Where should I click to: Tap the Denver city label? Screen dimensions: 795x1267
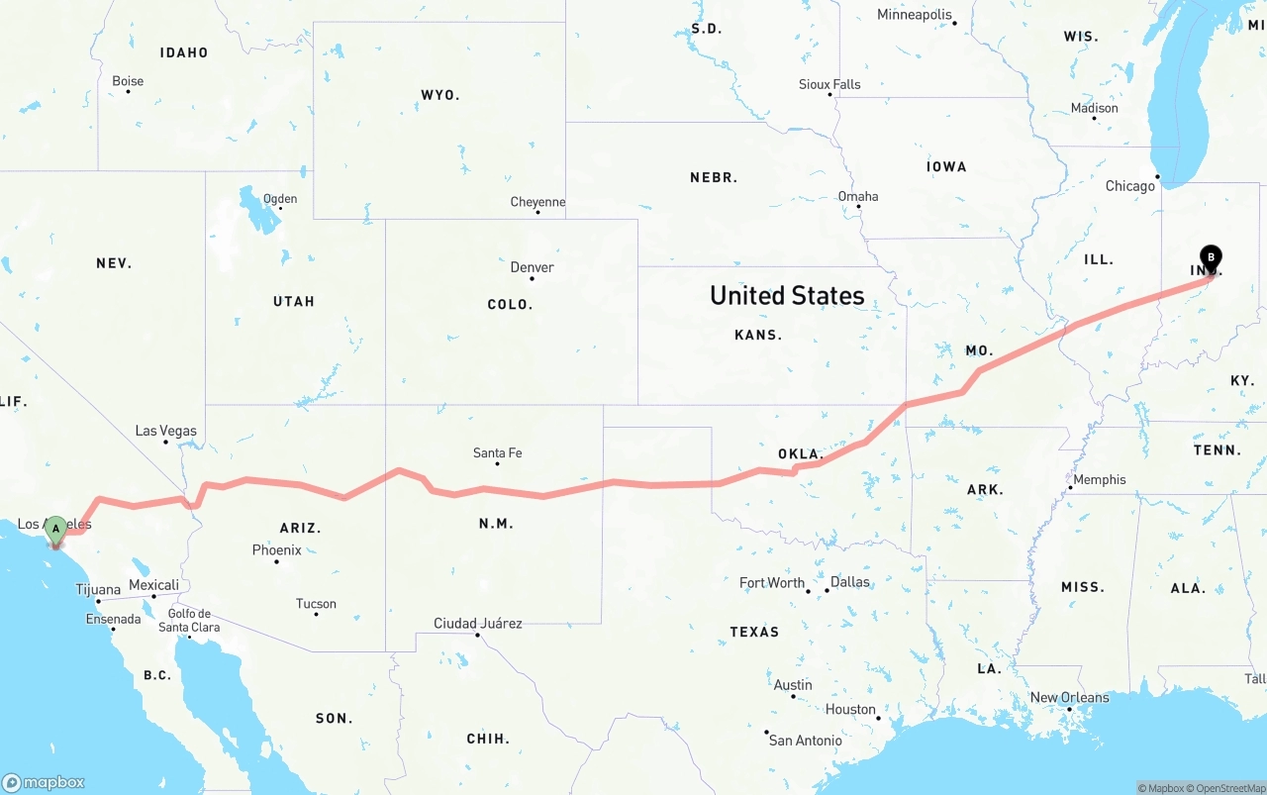tap(532, 267)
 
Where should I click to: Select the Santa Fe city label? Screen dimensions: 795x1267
tap(497, 453)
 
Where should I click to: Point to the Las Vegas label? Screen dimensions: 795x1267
tap(165, 431)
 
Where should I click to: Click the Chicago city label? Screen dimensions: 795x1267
tap(1129, 186)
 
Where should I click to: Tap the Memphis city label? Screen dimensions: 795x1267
tap(1099, 480)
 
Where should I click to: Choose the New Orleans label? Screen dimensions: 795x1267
tap(1069, 698)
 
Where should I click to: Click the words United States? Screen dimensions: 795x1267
tap(787, 295)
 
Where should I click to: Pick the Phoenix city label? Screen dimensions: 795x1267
tap(276, 550)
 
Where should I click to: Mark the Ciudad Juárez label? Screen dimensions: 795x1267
tap(477, 624)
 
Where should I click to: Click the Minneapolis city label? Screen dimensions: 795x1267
tap(914, 15)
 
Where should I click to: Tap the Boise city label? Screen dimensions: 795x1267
tap(128, 81)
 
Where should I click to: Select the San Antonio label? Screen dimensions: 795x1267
tap(805, 741)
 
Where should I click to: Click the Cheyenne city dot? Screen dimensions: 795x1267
tap(537, 212)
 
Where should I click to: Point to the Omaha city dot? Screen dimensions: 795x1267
tap(858, 207)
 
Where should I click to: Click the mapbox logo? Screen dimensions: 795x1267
tap(44, 782)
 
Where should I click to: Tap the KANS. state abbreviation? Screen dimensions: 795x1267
tap(758, 335)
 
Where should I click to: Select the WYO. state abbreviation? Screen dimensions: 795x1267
tap(439, 95)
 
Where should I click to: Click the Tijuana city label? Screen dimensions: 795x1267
tap(98, 590)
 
